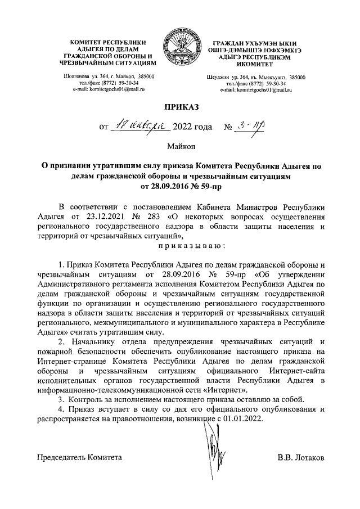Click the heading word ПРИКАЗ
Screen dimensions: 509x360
(x=181, y=106)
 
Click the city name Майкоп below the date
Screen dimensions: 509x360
(x=181, y=147)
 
